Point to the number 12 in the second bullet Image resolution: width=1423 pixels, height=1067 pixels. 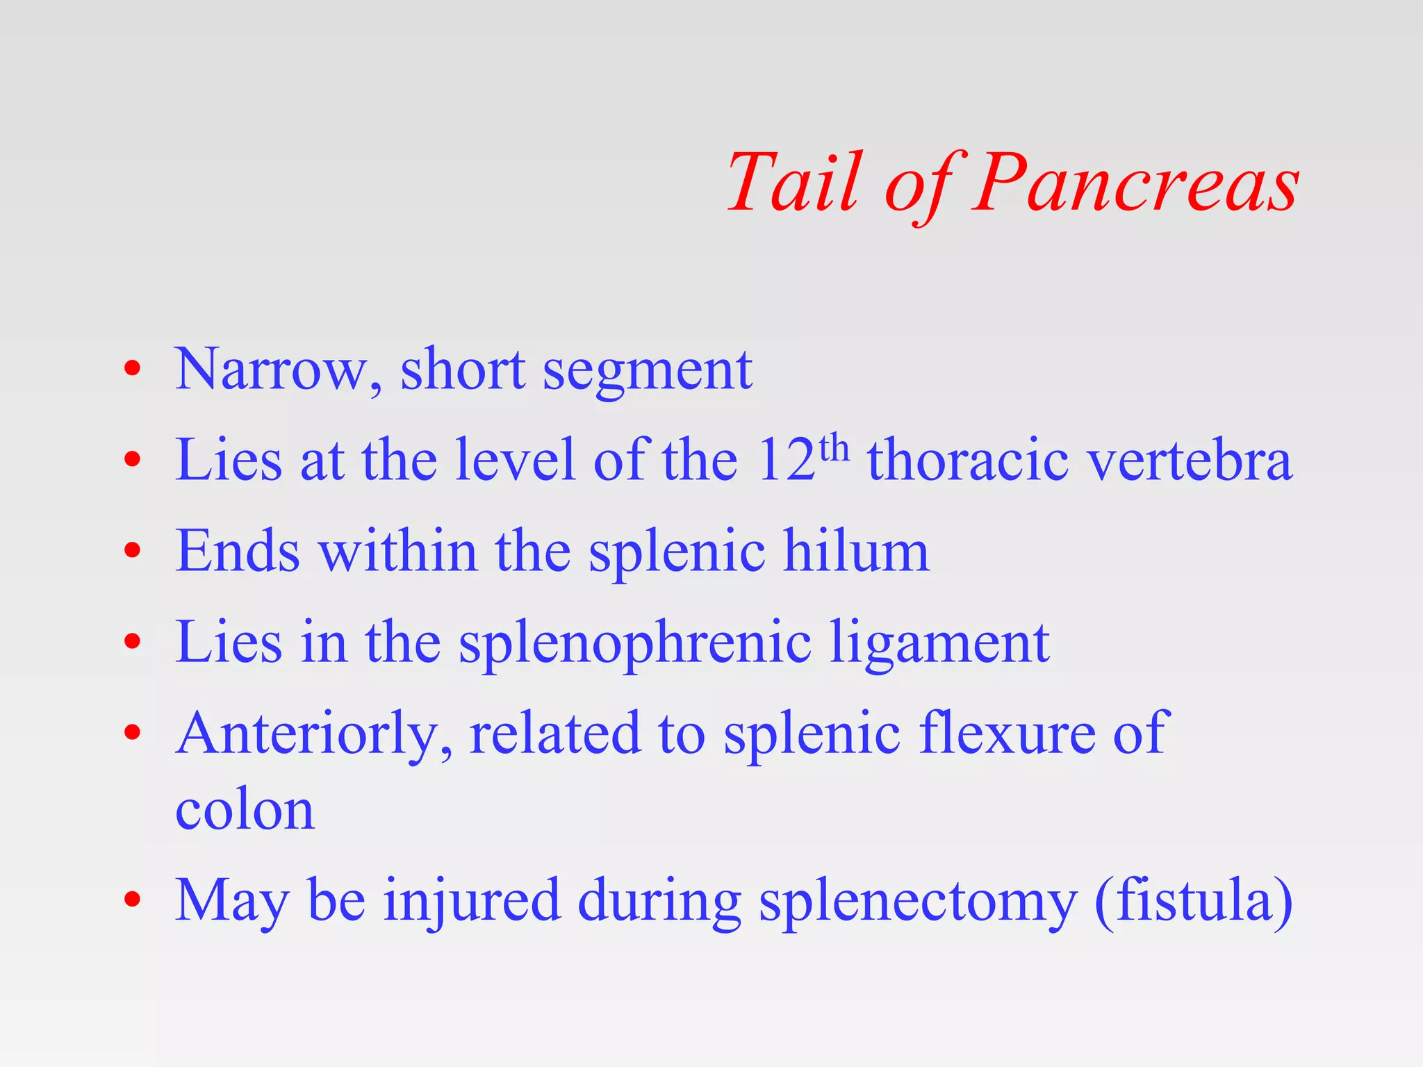[x=787, y=460]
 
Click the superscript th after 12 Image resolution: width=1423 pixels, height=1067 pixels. [x=834, y=449]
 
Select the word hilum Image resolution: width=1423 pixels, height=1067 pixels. [x=856, y=550]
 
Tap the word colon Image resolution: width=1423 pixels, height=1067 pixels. [x=245, y=810]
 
